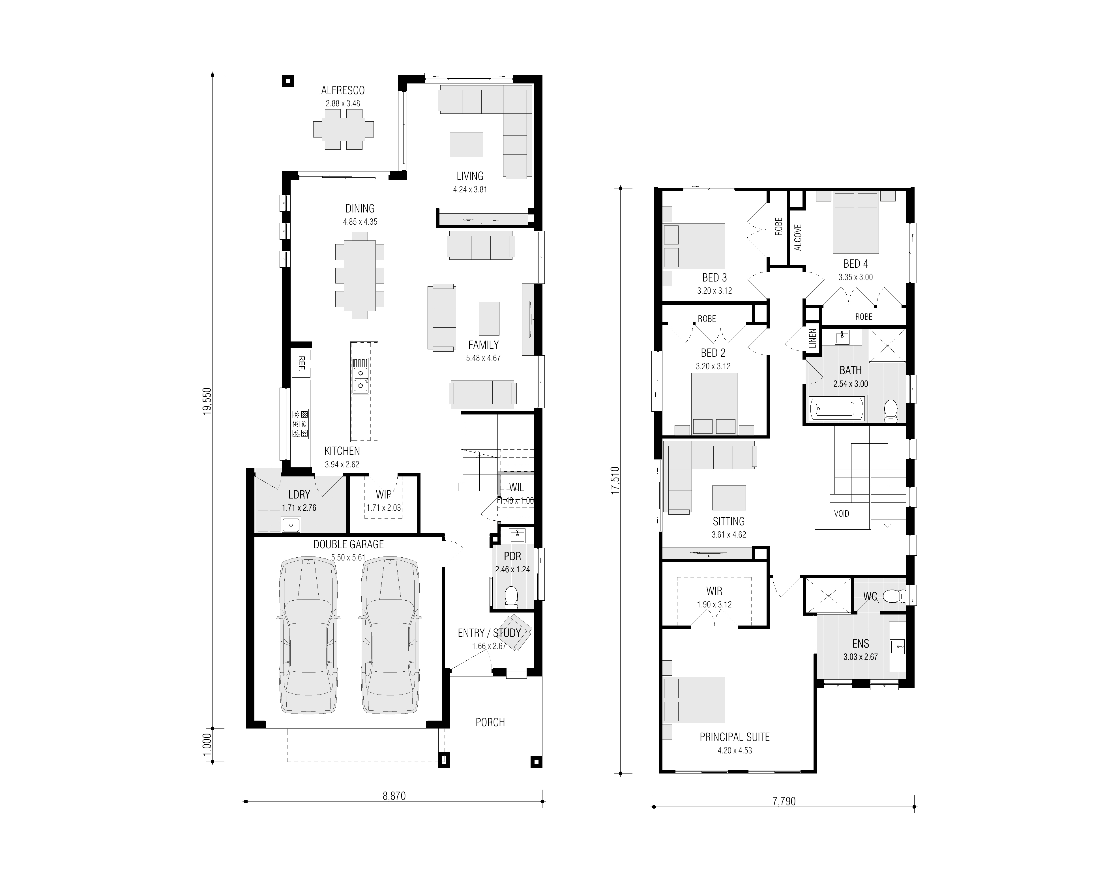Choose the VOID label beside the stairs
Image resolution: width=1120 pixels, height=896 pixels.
[x=842, y=514]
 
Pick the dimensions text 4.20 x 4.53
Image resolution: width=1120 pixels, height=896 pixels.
[x=735, y=751]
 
